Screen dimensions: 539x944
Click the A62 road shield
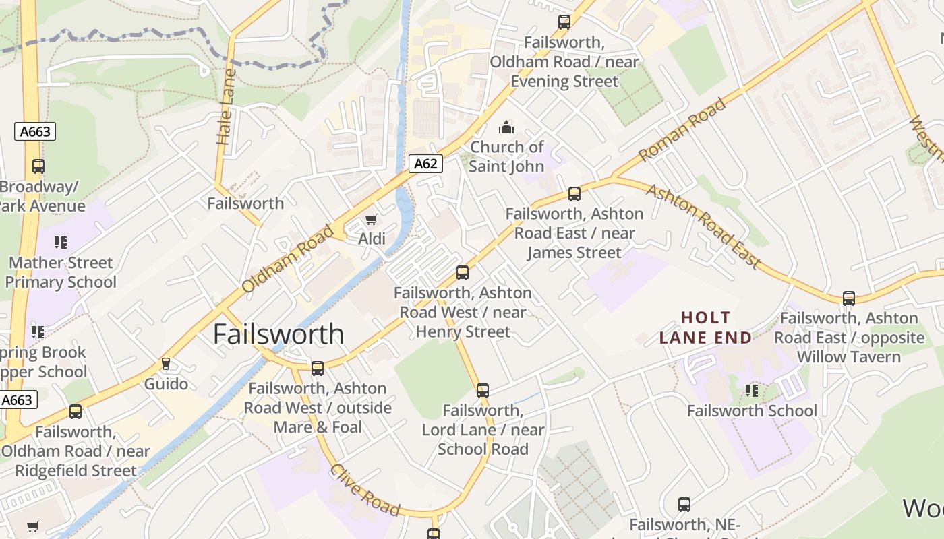[x=425, y=163]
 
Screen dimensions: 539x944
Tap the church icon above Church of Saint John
[x=506, y=127]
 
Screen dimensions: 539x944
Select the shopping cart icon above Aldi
[x=371, y=220]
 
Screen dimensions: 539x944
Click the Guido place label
[x=167, y=384]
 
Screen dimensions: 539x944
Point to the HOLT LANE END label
[x=705, y=327]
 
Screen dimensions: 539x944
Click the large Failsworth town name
[x=278, y=334]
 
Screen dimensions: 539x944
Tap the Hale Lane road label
[x=225, y=106]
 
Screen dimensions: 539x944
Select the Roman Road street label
[x=682, y=129]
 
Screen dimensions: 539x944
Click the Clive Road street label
[x=365, y=490]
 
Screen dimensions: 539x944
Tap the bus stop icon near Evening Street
[x=564, y=22]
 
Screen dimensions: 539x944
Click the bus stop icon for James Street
[x=574, y=194]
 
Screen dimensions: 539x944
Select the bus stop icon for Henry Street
[x=463, y=273]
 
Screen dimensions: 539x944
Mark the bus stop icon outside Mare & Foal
[x=318, y=369]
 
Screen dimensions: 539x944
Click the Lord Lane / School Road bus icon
[x=483, y=390]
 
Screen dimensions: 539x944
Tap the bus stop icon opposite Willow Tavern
[x=849, y=298]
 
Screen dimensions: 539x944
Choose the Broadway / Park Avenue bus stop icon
[x=38, y=166]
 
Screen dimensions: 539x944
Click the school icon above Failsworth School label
[x=752, y=391]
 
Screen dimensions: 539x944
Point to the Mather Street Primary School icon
[x=61, y=243]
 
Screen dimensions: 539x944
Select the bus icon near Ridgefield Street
[x=76, y=411]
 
